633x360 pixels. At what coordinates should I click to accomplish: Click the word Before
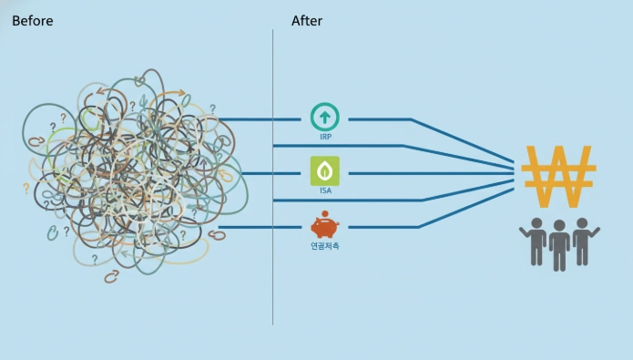click(x=32, y=21)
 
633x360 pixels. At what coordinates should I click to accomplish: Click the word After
click(x=307, y=21)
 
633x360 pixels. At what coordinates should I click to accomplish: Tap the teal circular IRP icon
click(x=325, y=118)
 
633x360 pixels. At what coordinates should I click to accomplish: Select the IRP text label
click(x=325, y=137)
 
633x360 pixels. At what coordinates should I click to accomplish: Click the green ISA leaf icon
click(x=325, y=171)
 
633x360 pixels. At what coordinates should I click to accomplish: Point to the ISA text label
click(x=325, y=190)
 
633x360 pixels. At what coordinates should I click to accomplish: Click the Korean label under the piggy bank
click(x=325, y=246)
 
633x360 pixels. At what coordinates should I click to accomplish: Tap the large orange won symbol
click(x=558, y=177)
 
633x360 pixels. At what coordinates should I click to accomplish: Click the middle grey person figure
click(x=559, y=245)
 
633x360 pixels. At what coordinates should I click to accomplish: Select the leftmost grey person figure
click(x=535, y=242)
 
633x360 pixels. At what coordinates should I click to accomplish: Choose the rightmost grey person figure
click(x=585, y=242)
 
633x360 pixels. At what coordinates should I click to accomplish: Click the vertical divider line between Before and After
click(x=273, y=177)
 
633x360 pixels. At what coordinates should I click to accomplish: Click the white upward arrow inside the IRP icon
click(x=325, y=118)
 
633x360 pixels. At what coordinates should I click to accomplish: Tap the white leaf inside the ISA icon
click(x=325, y=171)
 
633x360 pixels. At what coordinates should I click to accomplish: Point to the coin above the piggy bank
click(x=324, y=214)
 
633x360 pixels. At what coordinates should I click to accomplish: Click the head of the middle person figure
click(x=559, y=225)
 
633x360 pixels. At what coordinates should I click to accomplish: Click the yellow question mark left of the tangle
click(x=26, y=189)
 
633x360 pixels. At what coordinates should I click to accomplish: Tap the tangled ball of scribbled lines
click(x=133, y=174)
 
